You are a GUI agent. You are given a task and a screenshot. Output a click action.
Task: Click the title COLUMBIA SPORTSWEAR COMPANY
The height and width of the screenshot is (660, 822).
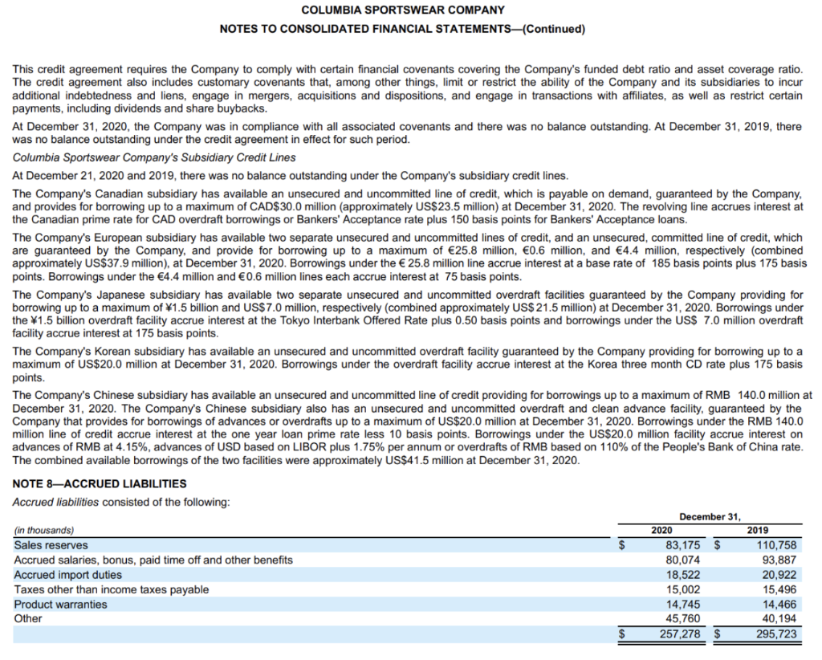402,10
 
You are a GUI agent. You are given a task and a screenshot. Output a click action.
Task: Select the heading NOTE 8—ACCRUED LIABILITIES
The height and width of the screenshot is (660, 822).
100,484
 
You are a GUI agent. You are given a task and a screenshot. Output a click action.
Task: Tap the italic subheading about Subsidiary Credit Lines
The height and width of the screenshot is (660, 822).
154,157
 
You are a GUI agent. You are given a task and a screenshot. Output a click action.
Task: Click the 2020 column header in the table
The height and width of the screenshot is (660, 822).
661,531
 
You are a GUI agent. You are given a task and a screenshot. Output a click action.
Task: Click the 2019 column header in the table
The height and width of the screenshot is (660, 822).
757,531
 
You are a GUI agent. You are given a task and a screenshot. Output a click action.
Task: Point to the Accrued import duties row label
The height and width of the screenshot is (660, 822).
68,575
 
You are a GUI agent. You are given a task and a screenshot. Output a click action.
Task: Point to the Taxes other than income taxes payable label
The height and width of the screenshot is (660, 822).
112,589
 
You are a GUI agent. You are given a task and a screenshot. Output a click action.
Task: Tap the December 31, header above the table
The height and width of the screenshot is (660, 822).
710,516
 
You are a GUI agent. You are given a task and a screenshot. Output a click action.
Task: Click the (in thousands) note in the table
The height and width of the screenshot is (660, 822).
44,531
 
